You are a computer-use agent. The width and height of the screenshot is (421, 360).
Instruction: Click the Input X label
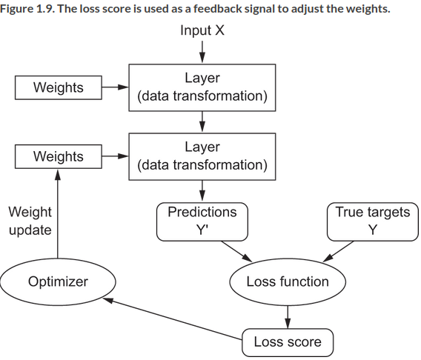(202, 30)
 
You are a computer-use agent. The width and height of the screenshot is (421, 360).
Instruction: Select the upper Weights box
(59, 87)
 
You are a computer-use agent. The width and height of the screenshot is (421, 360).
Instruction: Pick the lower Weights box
(59, 156)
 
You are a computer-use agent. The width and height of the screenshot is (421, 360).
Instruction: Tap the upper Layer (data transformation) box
(202, 87)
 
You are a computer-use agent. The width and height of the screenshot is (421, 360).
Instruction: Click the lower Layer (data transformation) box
(202, 156)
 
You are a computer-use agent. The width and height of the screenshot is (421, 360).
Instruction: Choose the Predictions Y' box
(202, 221)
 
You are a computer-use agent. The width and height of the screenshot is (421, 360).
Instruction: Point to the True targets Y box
(373, 221)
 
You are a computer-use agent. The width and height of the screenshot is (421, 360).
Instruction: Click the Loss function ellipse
(288, 281)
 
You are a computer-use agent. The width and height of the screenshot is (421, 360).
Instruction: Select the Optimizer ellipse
(58, 281)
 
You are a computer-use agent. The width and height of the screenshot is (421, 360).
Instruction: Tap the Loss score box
(288, 342)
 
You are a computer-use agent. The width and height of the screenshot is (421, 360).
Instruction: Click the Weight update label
(30, 221)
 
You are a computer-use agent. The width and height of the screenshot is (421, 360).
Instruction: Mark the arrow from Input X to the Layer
(202, 52)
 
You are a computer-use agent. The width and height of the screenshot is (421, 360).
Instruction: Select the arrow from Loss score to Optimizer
(173, 319)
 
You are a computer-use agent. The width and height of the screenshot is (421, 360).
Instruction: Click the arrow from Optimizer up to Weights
(58, 214)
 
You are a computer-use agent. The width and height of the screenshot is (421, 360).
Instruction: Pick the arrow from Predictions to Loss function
(236, 251)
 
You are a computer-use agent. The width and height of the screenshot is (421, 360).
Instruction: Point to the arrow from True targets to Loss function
(338, 251)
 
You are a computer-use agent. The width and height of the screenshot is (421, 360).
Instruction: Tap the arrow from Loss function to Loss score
(288, 317)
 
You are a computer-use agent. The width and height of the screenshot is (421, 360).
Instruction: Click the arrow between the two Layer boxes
(202, 121)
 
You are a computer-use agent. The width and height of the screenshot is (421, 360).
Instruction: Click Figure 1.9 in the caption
(27, 9)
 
